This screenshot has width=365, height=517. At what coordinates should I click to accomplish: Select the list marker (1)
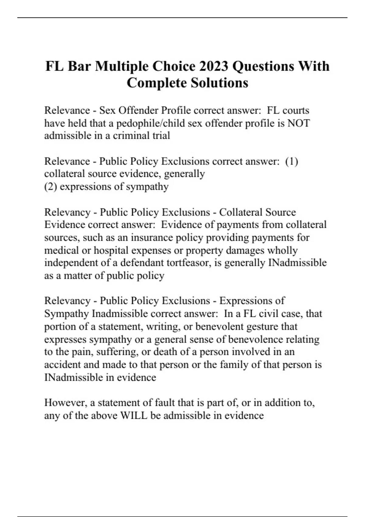point(292,161)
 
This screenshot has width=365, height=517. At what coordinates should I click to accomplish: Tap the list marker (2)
point(50,186)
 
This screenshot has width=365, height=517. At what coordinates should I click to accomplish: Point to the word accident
point(62,365)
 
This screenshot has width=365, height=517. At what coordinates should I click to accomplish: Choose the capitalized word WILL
point(134,415)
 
